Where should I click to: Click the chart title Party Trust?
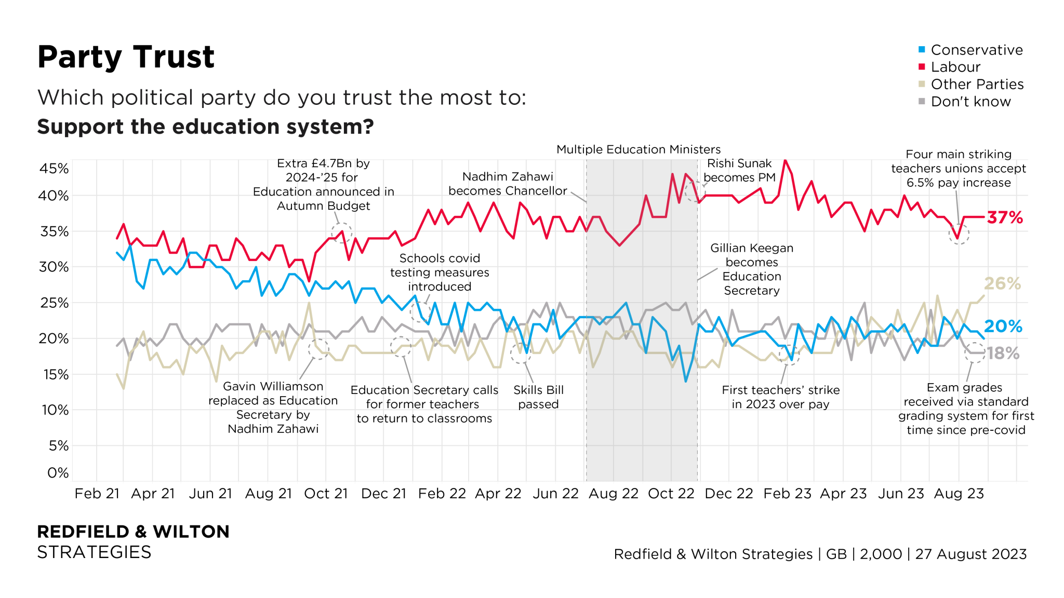126,57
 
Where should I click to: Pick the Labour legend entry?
955,67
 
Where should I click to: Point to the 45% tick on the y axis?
54,169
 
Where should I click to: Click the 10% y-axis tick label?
55,410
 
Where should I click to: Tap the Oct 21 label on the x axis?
326,493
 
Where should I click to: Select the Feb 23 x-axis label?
787,493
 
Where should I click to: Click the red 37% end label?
1005,218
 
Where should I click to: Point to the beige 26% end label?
1002,283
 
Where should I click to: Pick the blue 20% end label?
1003,326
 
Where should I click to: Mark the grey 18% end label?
1003,354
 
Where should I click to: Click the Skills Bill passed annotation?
538,397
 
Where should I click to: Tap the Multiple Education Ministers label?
638,149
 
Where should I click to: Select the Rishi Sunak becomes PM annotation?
739,170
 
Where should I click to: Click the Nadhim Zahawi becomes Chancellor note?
508,184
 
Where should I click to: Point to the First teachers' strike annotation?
780,397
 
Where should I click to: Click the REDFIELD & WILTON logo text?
133,532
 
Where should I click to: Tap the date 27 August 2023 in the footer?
970,554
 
